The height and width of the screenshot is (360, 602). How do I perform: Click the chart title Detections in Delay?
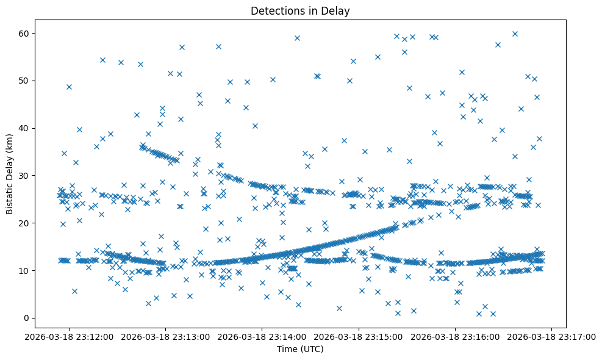coord(301,10)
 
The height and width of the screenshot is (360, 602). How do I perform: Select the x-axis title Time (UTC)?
coord(301,350)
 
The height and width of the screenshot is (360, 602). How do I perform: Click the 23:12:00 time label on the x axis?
coord(69,337)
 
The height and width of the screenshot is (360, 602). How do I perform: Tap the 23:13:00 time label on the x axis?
coord(166,337)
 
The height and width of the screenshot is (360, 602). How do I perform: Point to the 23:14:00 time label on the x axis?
coord(262,337)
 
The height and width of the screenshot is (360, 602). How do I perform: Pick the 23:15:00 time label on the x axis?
coord(359,337)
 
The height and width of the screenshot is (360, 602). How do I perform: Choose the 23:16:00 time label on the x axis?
coord(456,337)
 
